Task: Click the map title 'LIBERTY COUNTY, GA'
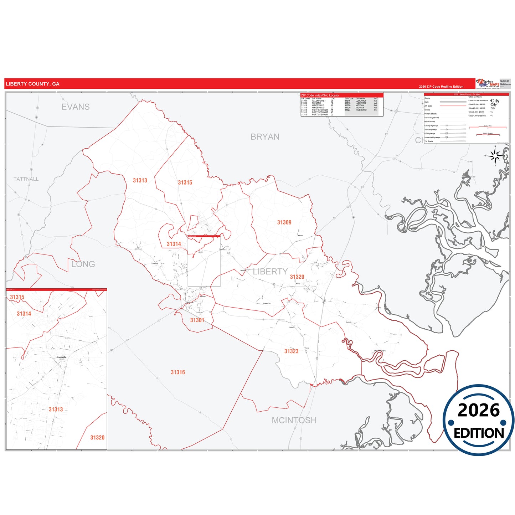click(32, 84)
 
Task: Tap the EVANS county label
click(76, 107)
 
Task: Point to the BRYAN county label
click(265, 137)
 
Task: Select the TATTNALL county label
click(26, 179)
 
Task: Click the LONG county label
click(83, 264)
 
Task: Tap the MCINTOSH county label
click(294, 421)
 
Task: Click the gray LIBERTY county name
click(270, 272)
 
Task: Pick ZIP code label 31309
click(284, 222)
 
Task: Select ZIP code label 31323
click(291, 351)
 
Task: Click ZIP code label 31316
click(177, 372)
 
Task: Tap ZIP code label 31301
click(197, 320)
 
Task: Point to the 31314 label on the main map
click(174, 244)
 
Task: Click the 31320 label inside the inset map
click(97, 438)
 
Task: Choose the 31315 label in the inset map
click(17, 297)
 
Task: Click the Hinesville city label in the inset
click(61, 357)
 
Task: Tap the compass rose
click(495, 156)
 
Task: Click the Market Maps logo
click(488, 84)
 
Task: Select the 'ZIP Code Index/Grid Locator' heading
click(320, 96)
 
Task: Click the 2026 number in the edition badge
click(478, 410)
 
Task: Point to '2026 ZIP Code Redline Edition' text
click(441, 87)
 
